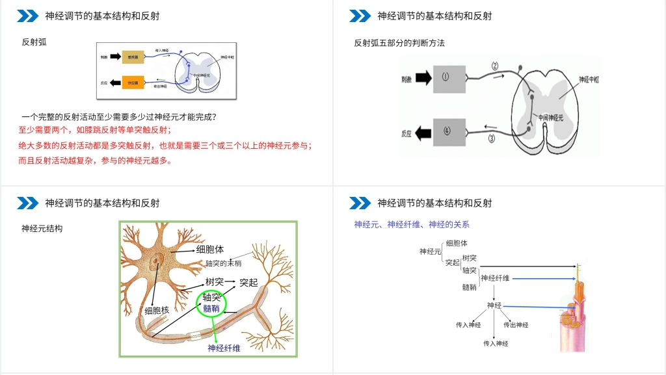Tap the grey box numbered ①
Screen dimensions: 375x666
click(x=446, y=78)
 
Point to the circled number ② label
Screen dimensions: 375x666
click(x=495, y=66)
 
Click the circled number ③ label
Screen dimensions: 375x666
click(x=492, y=138)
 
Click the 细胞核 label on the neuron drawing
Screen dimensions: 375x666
click(x=157, y=311)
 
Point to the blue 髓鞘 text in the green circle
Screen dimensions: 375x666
click(x=211, y=308)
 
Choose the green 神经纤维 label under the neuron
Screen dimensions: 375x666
click(x=224, y=348)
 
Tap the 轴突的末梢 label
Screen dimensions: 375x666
click(x=224, y=263)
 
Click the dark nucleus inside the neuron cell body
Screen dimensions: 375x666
click(x=155, y=263)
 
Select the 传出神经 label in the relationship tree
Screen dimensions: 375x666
click(x=516, y=325)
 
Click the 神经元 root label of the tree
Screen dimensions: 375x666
click(x=431, y=252)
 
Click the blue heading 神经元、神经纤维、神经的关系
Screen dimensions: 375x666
click(x=412, y=225)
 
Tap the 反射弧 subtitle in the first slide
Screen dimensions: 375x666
click(x=34, y=42)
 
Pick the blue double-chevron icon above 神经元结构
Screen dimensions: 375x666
click(x=27, y=203)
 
